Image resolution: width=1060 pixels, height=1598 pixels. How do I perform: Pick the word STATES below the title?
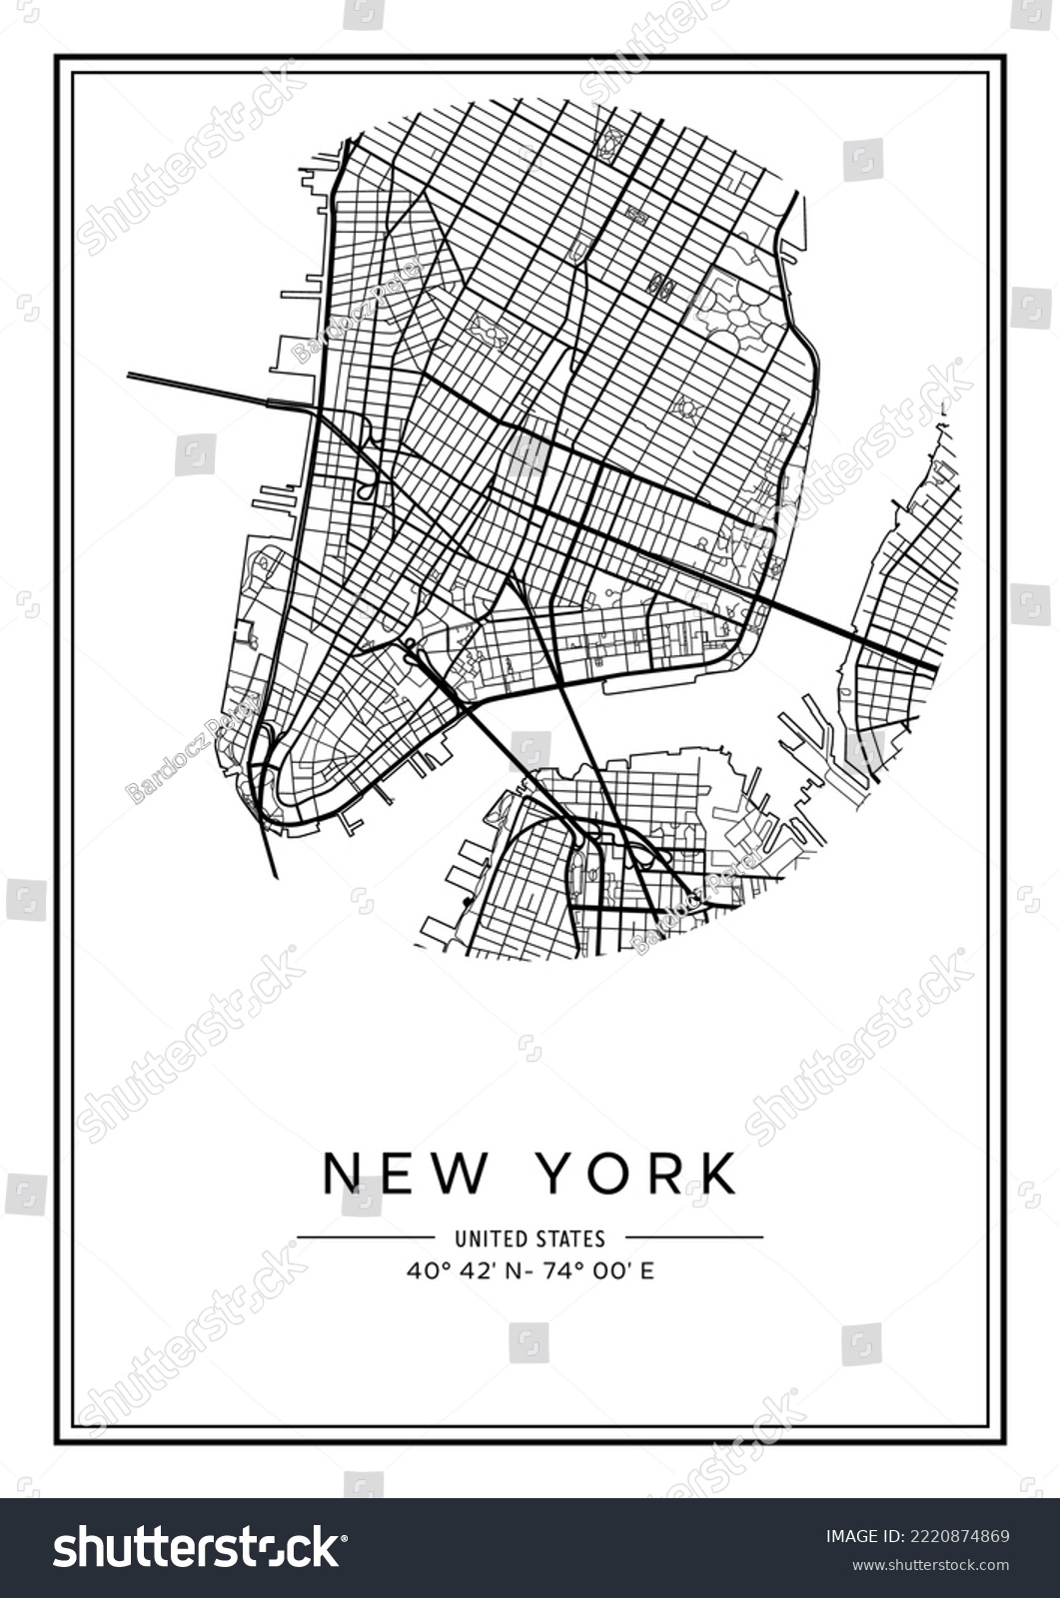pyautogui.click(x=569, y=1238)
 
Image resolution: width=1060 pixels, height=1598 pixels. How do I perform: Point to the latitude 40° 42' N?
pyautogui.click(x=459, y=1271)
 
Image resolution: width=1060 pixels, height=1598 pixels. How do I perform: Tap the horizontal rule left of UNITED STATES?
pyautogui.click(x=366, y=1237)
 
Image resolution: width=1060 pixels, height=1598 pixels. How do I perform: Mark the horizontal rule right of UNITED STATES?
pyautogui.click(x=694, y=1237)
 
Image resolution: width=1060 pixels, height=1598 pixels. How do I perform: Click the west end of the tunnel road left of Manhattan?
pyautogui.click(x=131, y=376)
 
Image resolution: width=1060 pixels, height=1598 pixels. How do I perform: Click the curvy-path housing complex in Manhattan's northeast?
pyautogui.click(x=736, y=311)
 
